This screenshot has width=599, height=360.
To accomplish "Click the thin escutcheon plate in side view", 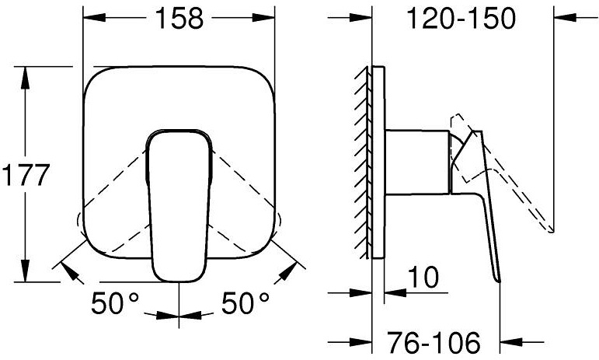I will (x=378, y=163).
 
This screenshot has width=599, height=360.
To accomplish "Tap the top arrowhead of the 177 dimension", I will (x=26, y=74).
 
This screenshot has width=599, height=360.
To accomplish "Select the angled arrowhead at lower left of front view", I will (x=68, y=269).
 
